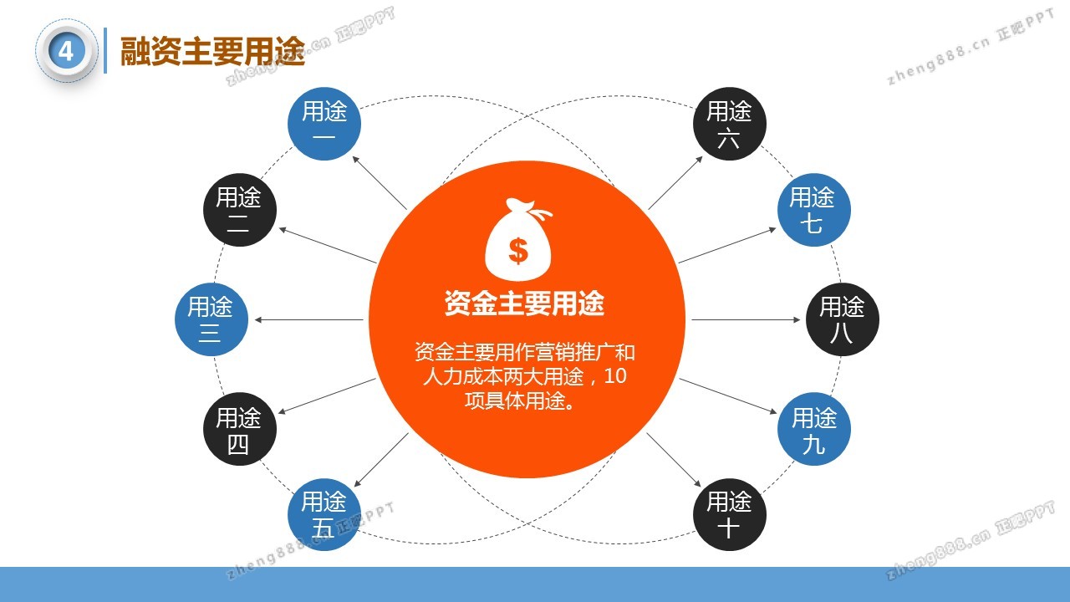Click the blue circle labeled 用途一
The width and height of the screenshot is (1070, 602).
click(324, 123)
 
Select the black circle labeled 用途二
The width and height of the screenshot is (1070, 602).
click(240, 210)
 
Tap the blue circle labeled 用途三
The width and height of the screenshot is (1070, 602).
click(211, 319)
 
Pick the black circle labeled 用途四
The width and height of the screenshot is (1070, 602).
click(240, 429)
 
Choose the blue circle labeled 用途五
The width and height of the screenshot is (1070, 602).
click(324, 514)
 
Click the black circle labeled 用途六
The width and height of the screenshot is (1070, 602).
click(730, 123)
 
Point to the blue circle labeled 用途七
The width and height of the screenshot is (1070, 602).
click(814, 210)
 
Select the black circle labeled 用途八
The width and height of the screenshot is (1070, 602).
click(843, 319)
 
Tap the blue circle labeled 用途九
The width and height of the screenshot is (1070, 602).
click(814, 429)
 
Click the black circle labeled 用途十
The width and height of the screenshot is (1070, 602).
click(730, 514)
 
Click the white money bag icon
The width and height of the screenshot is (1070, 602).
click(518, 239)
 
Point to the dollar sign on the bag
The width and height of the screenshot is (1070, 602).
click(518, 251)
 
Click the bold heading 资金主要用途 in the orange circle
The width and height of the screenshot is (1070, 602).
click(524, 303)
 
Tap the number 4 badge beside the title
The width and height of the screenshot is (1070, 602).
click(66, 51)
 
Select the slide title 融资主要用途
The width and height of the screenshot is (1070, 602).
click(212, 51)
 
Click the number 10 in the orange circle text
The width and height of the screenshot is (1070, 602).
click(615, 376)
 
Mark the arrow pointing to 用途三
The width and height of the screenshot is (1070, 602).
click(309, 319)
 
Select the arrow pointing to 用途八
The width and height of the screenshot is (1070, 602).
click(746, 319)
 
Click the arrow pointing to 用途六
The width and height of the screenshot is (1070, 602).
click(675, 182)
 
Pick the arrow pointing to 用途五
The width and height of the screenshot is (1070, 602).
click(381, 460)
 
